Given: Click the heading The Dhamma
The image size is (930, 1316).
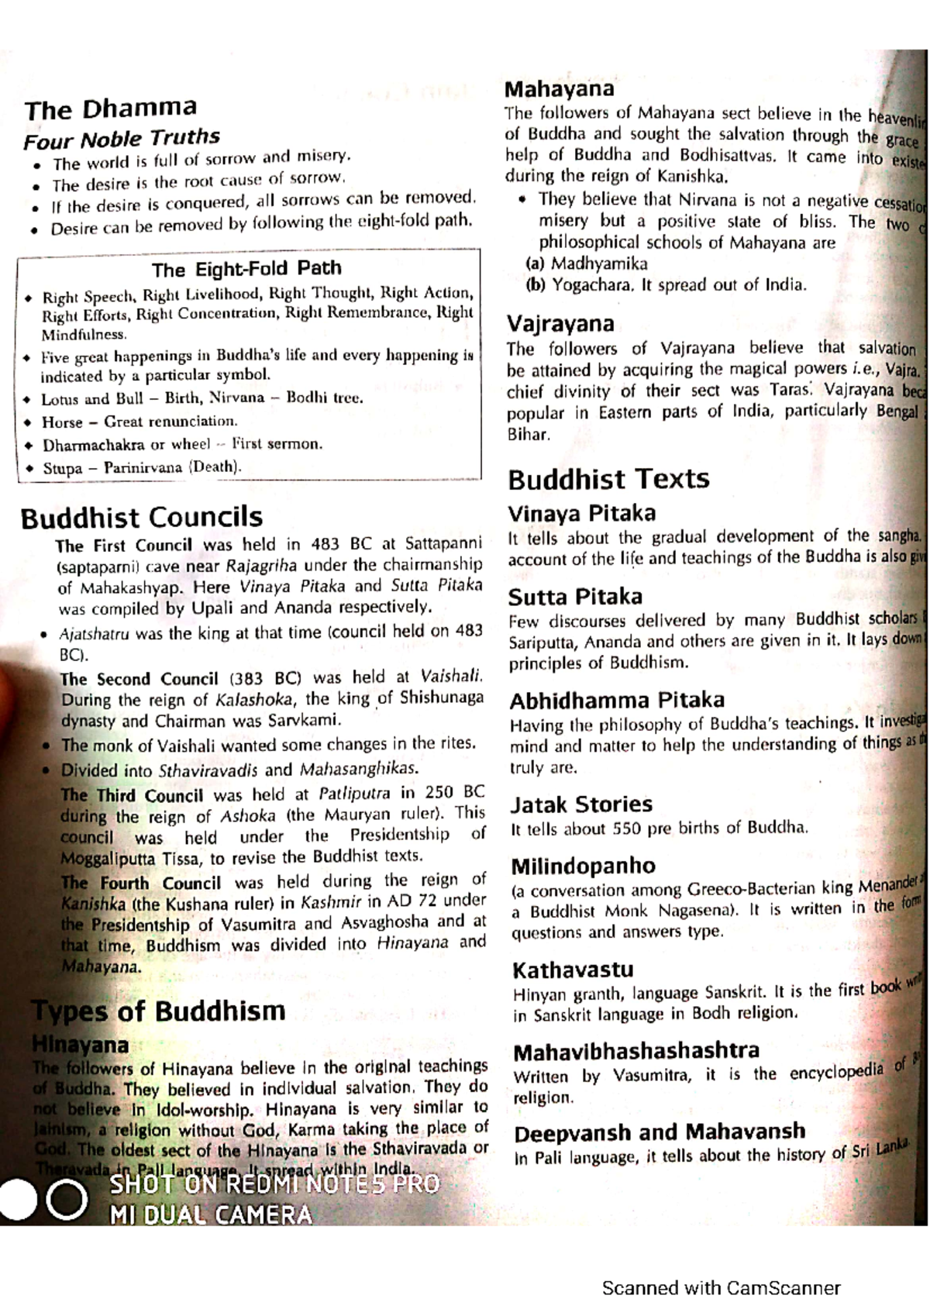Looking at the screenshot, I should click(110, 109).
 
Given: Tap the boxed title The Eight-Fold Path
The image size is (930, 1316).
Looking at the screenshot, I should click(246, 269).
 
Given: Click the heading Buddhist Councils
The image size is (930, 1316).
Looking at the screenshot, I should click(142, 517).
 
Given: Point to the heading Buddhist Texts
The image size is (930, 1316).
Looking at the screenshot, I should click(608, 479).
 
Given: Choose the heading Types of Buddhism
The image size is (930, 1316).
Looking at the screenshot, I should click(158, 1011).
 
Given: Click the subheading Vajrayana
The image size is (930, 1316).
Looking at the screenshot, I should click(560, 323).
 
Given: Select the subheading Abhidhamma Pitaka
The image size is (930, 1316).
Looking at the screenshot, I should click(617, 701).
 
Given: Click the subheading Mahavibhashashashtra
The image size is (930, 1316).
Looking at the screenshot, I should click(636, 1052).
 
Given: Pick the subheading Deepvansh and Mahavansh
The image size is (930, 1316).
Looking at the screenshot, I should click(660, 1133).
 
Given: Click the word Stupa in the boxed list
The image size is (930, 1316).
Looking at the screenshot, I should click(62, 468).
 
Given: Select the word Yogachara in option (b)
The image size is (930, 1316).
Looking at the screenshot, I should click(591, 285).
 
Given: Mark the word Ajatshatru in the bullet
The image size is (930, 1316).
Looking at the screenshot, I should click(94, 634).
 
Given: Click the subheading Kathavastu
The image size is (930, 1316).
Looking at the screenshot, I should click(573, 970).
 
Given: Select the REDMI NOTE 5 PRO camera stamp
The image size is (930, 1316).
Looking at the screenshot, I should click(275, 1184).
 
